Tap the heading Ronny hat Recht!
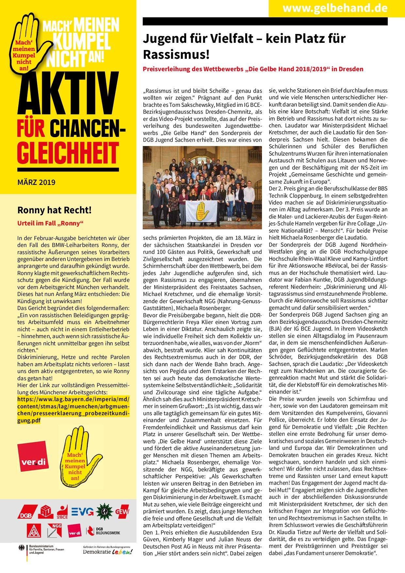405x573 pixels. (x=54, y=210)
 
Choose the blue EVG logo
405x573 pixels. (x=83, y=512)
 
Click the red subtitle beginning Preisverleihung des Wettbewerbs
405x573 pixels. (x=253, y=69)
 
